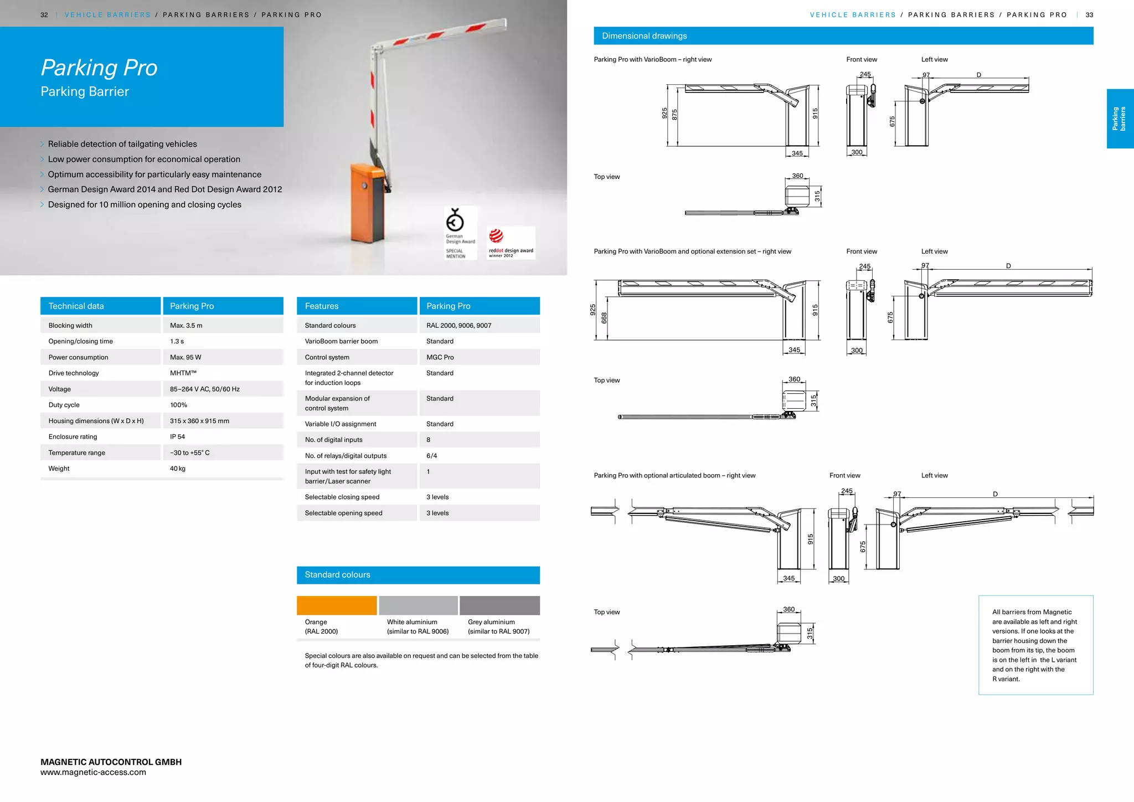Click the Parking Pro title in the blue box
(x=99, y=68)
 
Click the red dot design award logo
(x=510, y=243)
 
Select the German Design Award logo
(x=460, y=233)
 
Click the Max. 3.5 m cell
(x=186, y=326)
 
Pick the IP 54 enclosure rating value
(x=178, y=437)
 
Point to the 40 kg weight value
(x=178, y=469)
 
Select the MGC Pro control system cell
(x=440, y=357)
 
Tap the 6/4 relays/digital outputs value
(x=431, y=456)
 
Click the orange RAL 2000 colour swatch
(x=337, y=605)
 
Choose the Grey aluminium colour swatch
(x=499, y=605)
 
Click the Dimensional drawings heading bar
(x=843, y=36)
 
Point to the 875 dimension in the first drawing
(x=674, y=115)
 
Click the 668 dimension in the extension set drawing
(x=604, y=318)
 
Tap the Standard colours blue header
(x=418, y=575)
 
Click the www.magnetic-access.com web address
(x=93, y=773)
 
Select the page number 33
(x=1089, y=15)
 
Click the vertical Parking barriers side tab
(x=1119, y=119)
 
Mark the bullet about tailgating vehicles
(x=122, y=144)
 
